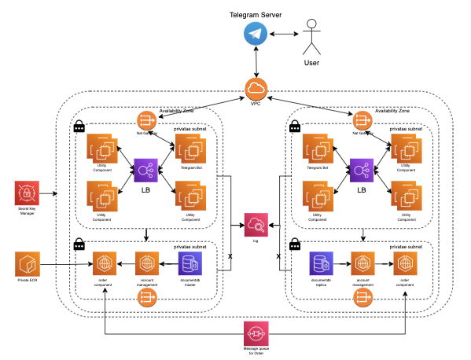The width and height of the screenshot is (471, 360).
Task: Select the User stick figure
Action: point(312,36)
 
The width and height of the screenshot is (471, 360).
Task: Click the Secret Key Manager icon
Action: point(28,193)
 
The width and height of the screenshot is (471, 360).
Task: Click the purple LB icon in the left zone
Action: point(146,170)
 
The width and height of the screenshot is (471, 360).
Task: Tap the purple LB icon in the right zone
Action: point(362,170)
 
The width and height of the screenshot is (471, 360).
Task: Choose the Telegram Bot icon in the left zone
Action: point(190,147)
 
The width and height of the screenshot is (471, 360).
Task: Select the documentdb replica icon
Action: point(322,263)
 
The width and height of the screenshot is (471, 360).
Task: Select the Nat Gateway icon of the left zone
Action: point(147,120)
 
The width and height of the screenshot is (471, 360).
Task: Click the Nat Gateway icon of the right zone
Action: point(362,120)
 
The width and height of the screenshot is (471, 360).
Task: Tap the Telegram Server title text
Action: point(256,15)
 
